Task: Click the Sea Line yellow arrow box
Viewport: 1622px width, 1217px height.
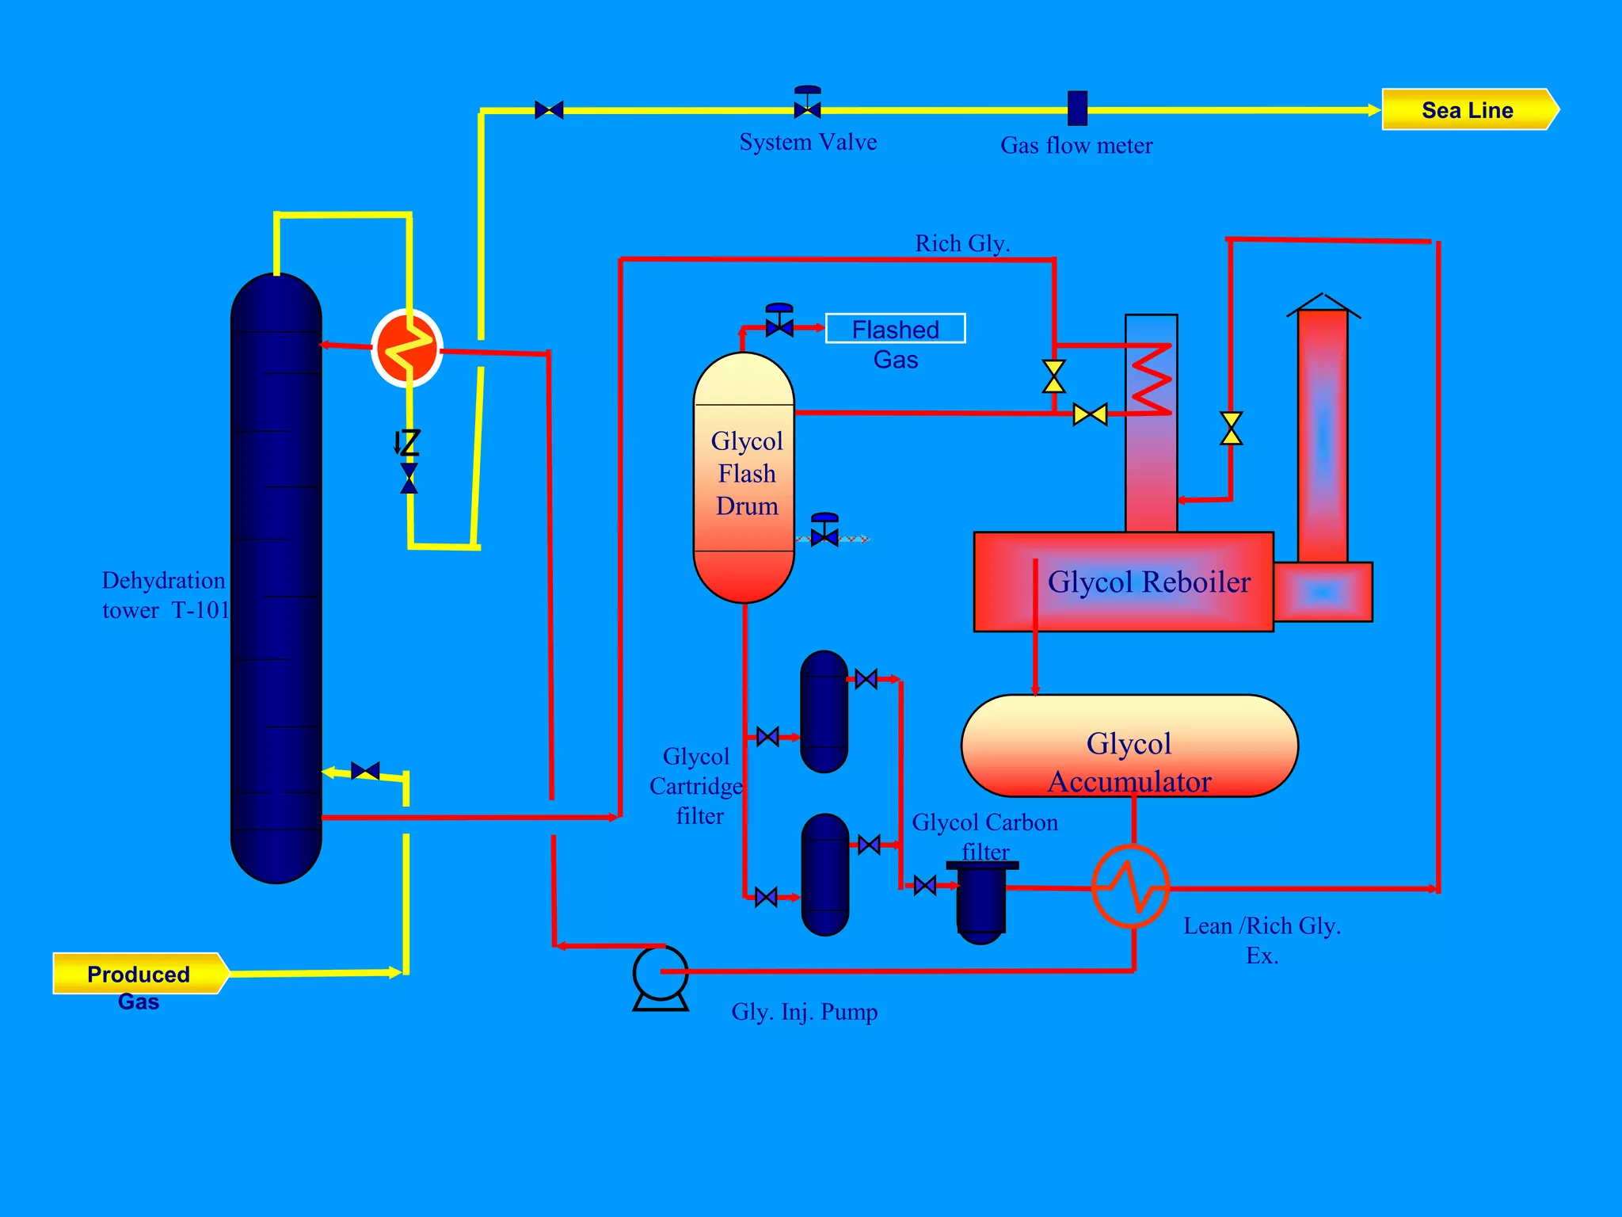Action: coord(1469,109)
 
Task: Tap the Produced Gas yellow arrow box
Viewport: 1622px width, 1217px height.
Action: coord(139,973)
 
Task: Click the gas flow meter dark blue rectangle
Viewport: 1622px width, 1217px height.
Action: coord(1077,109)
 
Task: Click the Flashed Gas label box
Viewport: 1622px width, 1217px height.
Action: coord(895,329)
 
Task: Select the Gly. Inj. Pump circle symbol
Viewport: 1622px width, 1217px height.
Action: coord(661,972)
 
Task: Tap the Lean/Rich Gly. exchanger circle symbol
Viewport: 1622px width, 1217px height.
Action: coord(1130,887)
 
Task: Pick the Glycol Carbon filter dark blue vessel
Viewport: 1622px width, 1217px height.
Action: coord(981,902)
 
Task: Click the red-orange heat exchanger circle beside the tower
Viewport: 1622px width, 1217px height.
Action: coord(407,348)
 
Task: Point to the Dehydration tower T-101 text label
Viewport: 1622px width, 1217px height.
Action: coord(165,595)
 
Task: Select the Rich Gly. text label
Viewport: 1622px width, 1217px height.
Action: coord(962,243)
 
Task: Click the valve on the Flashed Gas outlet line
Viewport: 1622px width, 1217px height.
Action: coord(779,325)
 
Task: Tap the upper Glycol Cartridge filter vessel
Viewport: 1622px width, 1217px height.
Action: coord(824,712)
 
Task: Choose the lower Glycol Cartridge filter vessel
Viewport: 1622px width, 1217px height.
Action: coord(824,875)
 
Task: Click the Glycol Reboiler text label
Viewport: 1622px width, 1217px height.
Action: coord(1148,582)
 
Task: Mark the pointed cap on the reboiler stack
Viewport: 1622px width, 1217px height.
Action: coord(1323,304)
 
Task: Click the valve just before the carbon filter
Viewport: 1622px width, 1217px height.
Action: coord(924,885)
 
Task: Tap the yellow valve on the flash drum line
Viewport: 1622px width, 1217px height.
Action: coord(1090,414)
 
